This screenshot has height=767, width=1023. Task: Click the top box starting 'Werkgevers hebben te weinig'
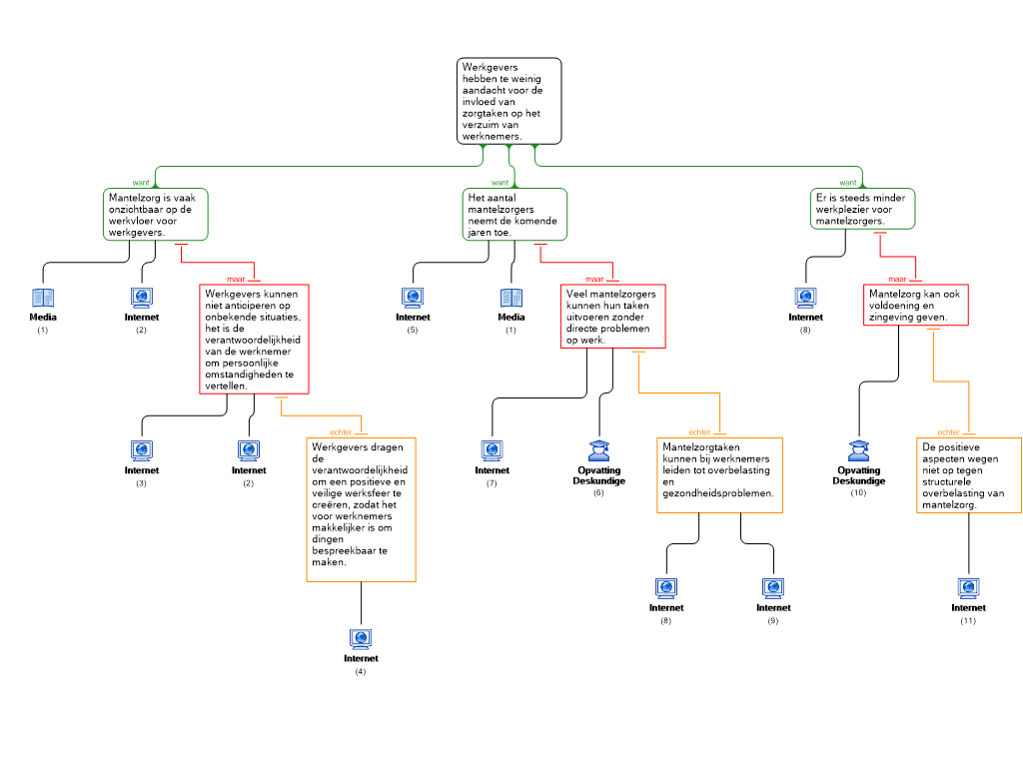[510, 101]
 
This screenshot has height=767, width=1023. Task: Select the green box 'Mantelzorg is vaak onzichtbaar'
[156, 215]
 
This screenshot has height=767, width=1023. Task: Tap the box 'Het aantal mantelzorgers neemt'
[514, 215]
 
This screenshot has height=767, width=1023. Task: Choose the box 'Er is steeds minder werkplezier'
[862, 209]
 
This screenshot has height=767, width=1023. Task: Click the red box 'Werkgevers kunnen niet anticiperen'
[254, 340]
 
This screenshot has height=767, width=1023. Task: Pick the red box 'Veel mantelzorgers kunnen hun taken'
[612, 316]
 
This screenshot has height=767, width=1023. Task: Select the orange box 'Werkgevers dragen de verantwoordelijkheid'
[361, 509]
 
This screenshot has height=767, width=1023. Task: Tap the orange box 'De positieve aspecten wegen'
[969, 475]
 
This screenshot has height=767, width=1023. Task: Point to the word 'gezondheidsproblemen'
[717, 493]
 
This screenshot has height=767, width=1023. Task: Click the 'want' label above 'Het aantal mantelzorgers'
[501, 183]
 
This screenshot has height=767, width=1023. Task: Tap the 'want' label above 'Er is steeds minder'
[848, 183]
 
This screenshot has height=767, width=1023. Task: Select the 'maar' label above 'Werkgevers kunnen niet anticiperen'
[236, 279]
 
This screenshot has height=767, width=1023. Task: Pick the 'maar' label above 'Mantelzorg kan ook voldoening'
[898, 279]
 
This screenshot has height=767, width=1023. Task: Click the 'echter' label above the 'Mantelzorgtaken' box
[699, 432]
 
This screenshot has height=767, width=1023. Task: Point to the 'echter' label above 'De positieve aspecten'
[949, 432]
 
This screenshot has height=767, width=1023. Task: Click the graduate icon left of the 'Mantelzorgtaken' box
[598, 451]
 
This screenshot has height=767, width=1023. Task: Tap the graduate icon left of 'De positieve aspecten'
[858, 451]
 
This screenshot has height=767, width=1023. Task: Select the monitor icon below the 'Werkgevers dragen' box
[361, 639]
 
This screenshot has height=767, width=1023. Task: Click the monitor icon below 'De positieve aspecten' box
[968, 588]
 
